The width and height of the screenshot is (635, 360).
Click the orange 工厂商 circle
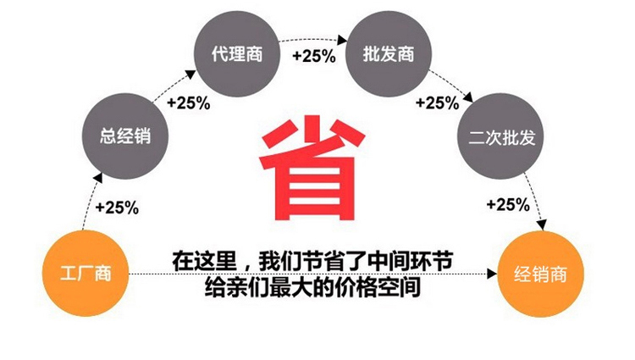pyautogui.click(x=86, y=274)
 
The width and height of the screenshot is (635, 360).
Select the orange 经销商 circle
pyautogui.click(x=541, y=274)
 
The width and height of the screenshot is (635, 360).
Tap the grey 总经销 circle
pyautogui.click(x=125, y=136)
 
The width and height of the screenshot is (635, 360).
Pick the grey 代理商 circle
pyautogui.click(x=237, y=54)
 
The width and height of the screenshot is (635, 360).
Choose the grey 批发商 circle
pyautogui.click(x=389, y=54)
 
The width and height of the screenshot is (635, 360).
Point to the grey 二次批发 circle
pyautogui.click(x=501, y=136)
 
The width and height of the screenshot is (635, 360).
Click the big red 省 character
pyautogui.click(x=312, y=168)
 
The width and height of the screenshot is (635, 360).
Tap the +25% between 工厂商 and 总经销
pyautogui.click(x=117, y=208)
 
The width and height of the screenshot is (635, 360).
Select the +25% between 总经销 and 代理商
pyautogui.click(x=189, y=102)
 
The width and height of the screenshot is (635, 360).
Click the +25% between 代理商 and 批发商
pyautogui.click(x=314, y=56)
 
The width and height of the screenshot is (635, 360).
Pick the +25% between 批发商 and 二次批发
pyautogui.click(x=438, y=102)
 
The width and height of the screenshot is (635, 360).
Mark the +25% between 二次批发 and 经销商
pyautogui.click(x=508, y=204)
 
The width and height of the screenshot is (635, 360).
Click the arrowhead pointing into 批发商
pyautogui.click(x=343, y=40)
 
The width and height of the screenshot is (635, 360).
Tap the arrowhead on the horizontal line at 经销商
pyautogui.click(x=492, y=274)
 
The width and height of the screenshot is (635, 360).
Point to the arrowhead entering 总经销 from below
pyautogui.click(x=97, y=179)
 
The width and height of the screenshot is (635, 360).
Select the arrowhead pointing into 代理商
pyautogui.click(x=191, y=75)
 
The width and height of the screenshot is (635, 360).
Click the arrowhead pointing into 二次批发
pyautogui.click(x=468, y=97)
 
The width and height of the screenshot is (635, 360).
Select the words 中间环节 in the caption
pyautogui.click(x=411, y=261)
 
